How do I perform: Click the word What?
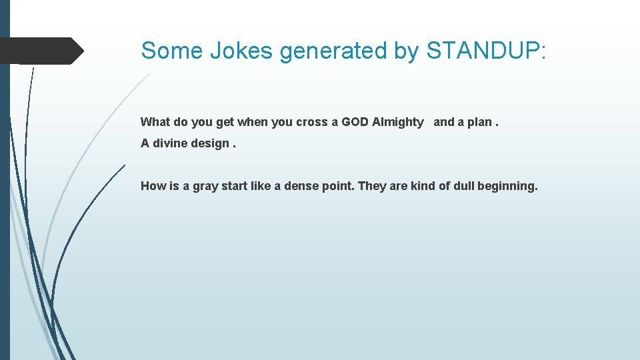[155, 122]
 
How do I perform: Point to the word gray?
[205, 187]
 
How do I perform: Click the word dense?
[301, 186]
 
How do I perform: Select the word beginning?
[509, 187]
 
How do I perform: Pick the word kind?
[423, 186]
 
